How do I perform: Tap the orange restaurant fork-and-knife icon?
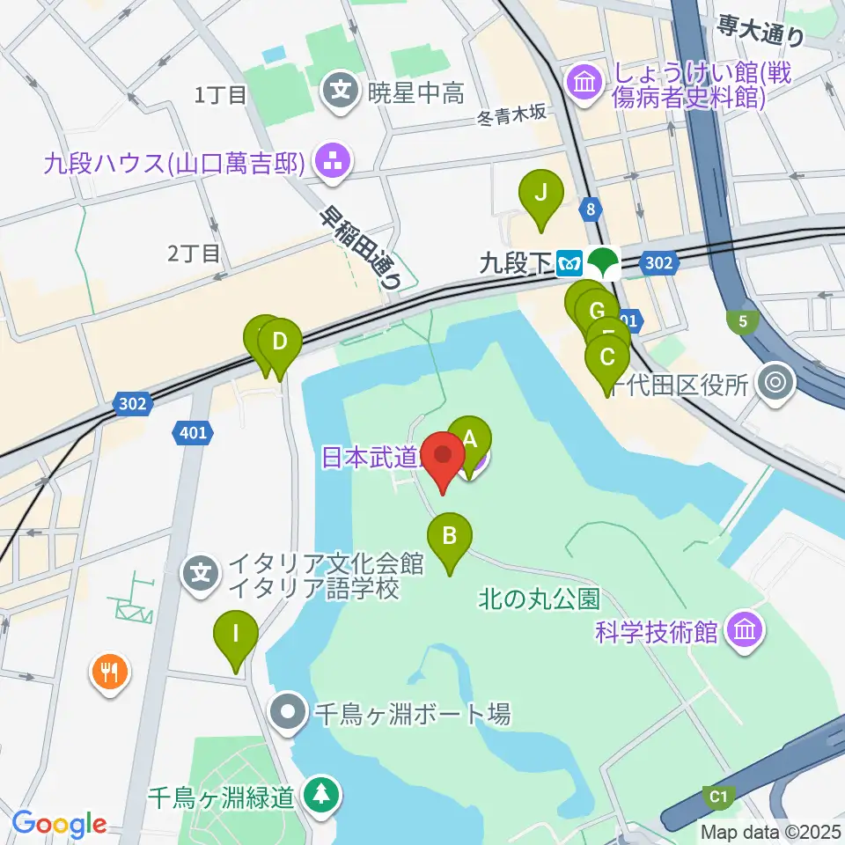tap(110, 674)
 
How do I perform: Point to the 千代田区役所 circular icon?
tap(775, 382)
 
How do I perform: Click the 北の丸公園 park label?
tap(540, 600)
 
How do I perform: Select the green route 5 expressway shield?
tap(744, 322)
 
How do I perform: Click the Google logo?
tap(59, 824)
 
